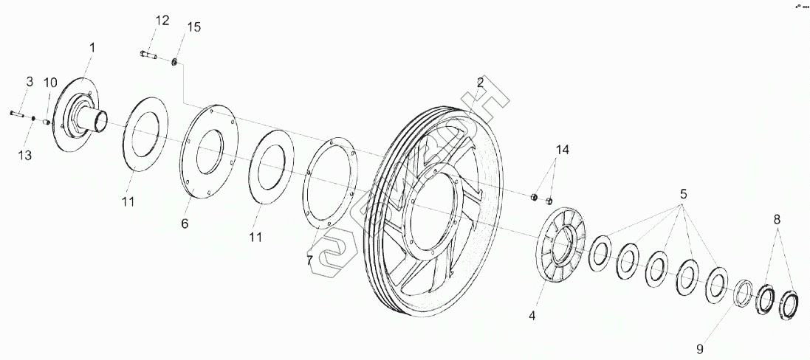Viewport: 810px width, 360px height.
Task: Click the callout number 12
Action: [x=162, y=20]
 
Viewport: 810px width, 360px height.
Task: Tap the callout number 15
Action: [x=193, y=27]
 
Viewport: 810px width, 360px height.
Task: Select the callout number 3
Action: [x=30, y=81]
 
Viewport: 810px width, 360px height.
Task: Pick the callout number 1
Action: [x=92, y=47]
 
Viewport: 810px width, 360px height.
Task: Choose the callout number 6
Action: [x=185, y=222]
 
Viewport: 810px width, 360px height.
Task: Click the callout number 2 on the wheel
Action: [x=480, y=83]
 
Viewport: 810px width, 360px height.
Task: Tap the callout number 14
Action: [x=563, y=150]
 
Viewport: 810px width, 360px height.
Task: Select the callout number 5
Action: [x=683, y=195]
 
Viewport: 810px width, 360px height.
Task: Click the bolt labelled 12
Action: [x=148, y=54]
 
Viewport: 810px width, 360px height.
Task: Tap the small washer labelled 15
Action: [x=175, y=62]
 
